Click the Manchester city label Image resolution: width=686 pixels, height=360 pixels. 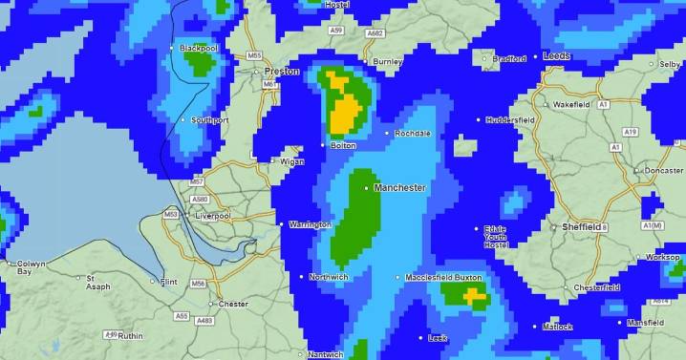click(x=399, y=188)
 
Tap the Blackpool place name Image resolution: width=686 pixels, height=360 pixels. click(x=200, y=48)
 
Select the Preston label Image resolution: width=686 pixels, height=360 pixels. click(x=282, y=71)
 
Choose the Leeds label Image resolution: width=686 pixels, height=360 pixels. click(x=556, y=56)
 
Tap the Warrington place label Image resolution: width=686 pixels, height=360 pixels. click(x=310, y=224)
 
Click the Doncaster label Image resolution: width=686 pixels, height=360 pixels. click(x=664, y=170)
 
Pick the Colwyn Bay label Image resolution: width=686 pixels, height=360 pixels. click(x=31, y=267)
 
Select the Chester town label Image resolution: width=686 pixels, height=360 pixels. click(x=233, y=304)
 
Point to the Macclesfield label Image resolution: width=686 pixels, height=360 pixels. click(x=428, y=277)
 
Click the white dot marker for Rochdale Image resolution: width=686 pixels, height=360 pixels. click(x=387, y=133)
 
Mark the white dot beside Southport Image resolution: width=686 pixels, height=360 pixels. click(x=182, y=120)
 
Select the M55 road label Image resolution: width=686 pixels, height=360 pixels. click(x=254, y=56)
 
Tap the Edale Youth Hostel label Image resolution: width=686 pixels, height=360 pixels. click(x=494, y=236)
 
